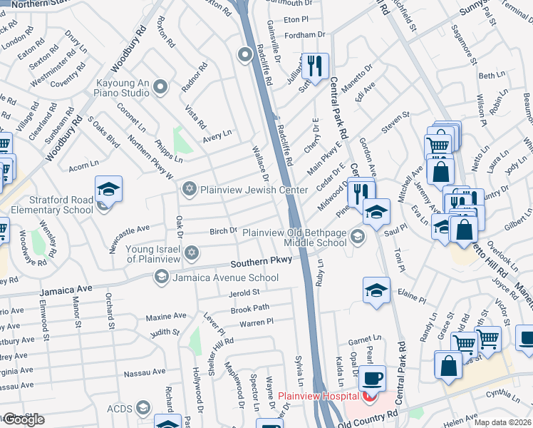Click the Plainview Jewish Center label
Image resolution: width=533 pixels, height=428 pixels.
[254, 190]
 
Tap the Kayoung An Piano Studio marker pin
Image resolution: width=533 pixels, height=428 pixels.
[160, 88]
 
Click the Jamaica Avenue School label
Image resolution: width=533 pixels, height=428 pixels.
[225, 278]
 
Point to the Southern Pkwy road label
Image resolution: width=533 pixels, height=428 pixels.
[265, 262]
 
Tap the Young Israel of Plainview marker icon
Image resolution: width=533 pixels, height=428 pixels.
[191, 253]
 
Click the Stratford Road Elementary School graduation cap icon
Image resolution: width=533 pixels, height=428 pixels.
[109, 190]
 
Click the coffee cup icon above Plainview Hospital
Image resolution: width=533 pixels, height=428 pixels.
[372, 377]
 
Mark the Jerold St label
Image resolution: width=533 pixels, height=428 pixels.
[244, 292]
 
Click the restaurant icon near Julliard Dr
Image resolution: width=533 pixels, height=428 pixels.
[314, 66]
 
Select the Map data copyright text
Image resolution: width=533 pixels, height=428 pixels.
[502, 422]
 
